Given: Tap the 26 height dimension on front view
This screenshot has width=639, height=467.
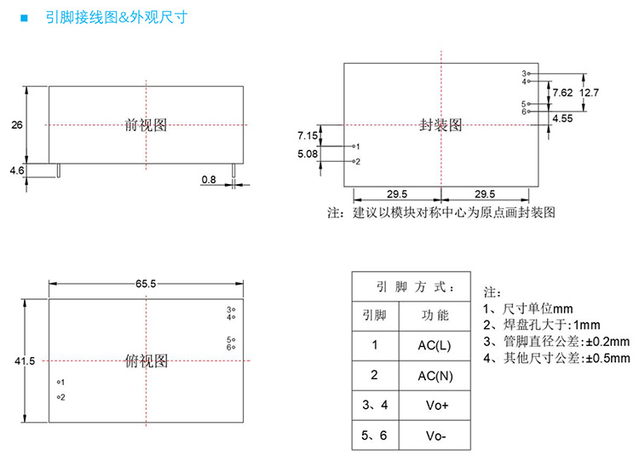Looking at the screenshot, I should pos(16,125).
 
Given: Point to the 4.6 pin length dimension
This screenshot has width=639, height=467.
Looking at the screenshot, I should pos(16,171).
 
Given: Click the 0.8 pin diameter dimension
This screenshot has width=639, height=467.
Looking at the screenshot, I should pos(209,179).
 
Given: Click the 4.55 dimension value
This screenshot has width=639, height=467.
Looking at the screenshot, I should pos(562,119).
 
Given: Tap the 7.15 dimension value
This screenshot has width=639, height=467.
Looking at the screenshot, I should pos(308,135).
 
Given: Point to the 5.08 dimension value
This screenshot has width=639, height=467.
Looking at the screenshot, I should pos(308,154).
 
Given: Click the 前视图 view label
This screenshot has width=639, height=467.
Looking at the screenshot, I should pos(146,125).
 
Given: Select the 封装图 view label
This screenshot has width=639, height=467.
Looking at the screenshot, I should pos(441,125).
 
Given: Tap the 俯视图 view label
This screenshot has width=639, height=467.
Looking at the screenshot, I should pos(146,361).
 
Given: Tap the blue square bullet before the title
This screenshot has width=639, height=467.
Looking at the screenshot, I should pos(24,17).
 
